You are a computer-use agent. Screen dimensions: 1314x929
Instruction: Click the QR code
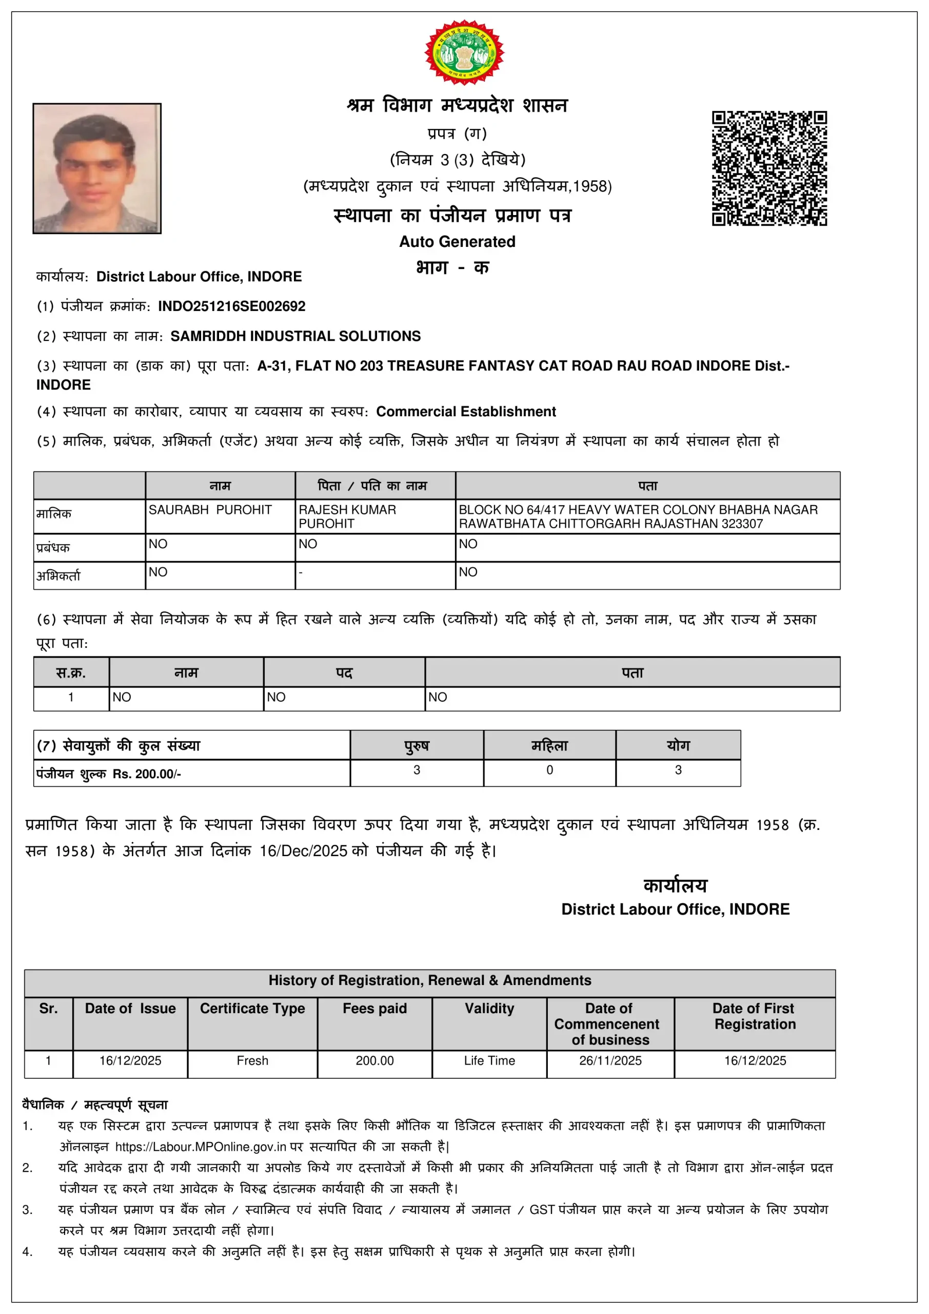(769, 168)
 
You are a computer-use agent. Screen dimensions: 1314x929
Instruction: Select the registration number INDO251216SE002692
(232, 306)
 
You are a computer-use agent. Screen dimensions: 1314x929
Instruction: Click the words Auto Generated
(457, 242)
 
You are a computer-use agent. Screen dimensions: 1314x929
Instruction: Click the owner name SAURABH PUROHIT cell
(210, 510)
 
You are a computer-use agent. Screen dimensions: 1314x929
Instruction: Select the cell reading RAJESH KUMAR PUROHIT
(347, 516)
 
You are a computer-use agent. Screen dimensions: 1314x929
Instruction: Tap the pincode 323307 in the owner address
(742, 524)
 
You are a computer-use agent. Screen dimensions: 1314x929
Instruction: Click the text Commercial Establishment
(466, 412)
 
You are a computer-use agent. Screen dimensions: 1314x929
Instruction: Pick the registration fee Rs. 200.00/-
(146, 774)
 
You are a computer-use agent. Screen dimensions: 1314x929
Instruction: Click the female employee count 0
(549, 770)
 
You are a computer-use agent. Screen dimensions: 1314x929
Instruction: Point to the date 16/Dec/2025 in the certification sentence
(303, 851)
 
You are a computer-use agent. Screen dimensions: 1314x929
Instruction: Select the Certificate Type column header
(252, 1009)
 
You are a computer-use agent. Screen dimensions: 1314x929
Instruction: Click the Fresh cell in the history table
(252, 1060)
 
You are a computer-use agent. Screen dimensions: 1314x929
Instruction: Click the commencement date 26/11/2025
(610, 1060)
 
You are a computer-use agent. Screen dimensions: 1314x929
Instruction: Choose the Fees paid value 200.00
(374, 1060)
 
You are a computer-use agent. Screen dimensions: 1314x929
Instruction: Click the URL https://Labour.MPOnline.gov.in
(200, 1146)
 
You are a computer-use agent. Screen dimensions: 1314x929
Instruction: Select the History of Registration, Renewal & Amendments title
(429, 980)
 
